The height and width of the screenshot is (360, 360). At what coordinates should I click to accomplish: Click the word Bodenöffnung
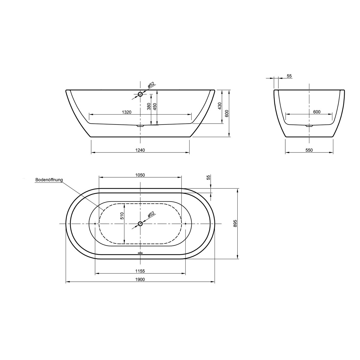(49, 180)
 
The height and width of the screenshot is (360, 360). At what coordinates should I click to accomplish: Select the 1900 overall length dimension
(140, 279)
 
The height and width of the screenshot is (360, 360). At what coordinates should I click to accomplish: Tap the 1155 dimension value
(140, 271)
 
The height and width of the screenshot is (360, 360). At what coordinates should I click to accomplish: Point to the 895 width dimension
(235, 223)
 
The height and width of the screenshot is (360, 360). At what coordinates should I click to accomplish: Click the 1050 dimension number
(140, 175)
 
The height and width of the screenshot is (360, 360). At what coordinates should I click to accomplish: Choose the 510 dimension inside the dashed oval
(122, 216)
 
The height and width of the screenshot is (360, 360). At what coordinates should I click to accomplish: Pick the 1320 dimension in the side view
(127, 112)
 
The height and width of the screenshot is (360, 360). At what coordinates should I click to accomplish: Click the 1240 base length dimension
(140, 150)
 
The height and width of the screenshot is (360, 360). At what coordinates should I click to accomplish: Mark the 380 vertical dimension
(149, 107)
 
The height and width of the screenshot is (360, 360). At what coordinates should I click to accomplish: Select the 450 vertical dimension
(155, 107)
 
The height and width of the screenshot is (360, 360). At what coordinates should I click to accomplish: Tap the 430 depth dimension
(220, 106)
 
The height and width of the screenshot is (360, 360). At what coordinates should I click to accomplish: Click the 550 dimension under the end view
(309, 150)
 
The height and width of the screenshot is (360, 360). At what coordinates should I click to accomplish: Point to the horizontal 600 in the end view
(317, 112)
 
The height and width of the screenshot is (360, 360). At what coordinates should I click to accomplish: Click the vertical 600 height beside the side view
(227, 113)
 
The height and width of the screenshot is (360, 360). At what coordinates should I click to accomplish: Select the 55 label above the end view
(289, 76)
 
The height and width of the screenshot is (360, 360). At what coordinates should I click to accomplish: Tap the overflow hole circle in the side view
(140, 94)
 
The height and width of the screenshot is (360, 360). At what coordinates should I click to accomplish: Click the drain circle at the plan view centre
(140, 223)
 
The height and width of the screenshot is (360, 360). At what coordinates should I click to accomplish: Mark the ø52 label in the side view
(151, 85)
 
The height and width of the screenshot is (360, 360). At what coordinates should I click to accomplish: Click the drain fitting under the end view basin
(309, 126)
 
